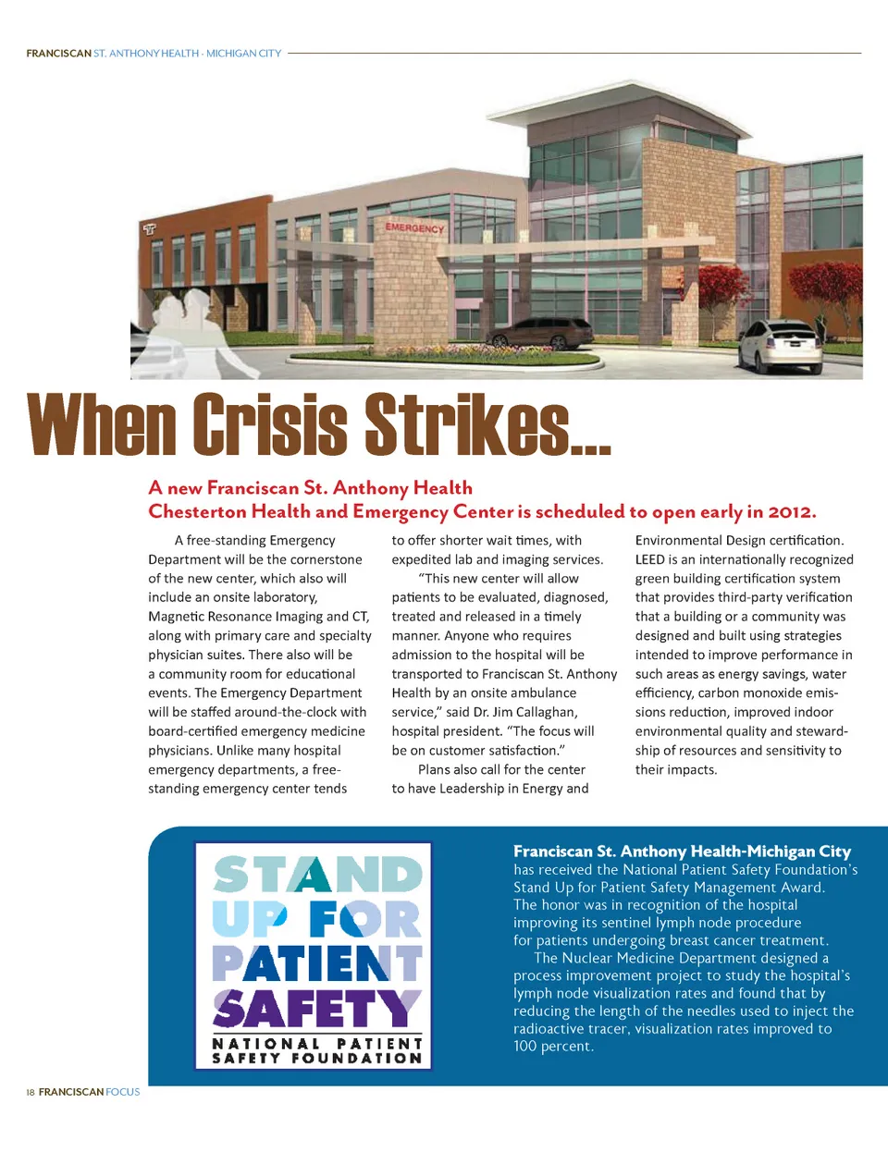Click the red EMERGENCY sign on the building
(414, 227)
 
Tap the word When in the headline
(102, 424)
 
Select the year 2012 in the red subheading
(790, 511)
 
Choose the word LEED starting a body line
(649, 559)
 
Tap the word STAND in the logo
(317, 875)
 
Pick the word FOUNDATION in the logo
(356, 1058)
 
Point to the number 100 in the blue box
(526, 1046)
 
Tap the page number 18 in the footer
(31, 1092)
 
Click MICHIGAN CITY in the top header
(243, 54)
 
